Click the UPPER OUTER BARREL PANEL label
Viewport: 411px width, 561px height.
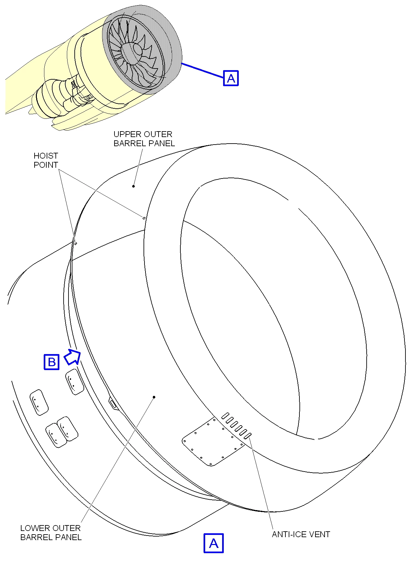(144, 139)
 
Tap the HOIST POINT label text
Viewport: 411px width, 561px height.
(46, 160)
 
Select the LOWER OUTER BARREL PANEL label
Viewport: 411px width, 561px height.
(51, 533)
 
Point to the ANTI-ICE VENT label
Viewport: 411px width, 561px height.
(301, 534)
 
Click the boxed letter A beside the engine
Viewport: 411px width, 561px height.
(231, 78)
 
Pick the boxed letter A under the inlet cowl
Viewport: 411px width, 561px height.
(214, 543)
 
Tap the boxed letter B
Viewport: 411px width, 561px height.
(52, 362)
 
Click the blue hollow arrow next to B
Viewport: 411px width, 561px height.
(72, 356)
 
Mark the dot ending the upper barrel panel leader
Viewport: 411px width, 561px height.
(133, 186)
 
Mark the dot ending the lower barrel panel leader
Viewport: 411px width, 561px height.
(154, 397)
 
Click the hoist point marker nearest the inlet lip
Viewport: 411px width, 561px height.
(144, 218)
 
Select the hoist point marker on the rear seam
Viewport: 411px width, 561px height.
(76, 243)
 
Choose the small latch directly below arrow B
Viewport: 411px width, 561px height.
(75, 382)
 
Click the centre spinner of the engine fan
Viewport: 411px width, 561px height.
(139, 49)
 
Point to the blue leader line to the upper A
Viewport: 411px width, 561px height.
(202, 70)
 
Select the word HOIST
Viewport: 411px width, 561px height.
(46, 156)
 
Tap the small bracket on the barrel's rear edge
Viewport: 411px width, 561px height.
(113, 404)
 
